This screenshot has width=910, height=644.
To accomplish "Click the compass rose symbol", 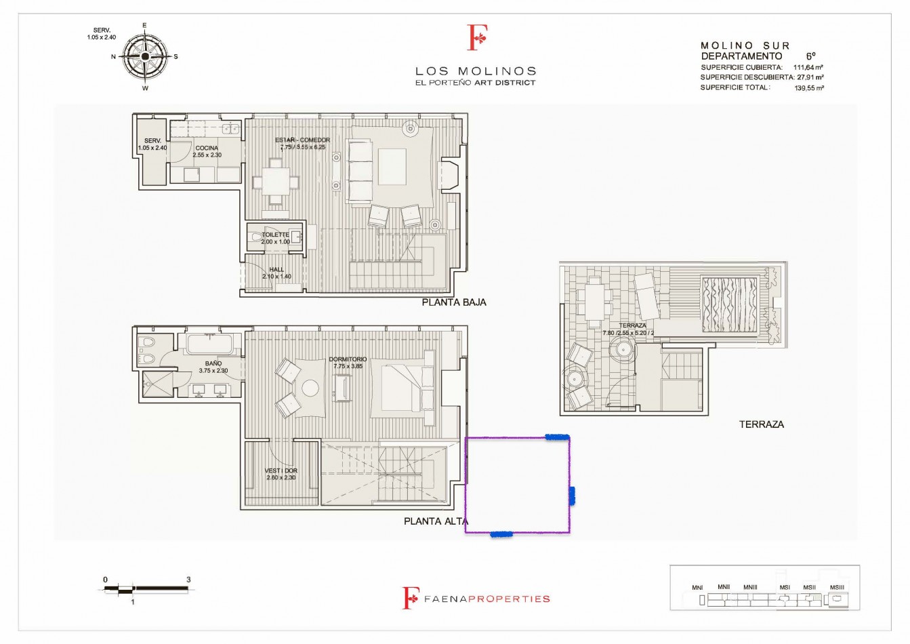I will click(x=144, y=57).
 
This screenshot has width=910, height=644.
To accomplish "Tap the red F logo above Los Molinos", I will click(x=478, y=38).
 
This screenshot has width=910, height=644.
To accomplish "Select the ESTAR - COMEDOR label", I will click(x=302, y=140).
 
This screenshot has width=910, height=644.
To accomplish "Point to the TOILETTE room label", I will click(x=275, y=235).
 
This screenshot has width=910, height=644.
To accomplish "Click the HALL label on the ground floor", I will click(x=276, y=269).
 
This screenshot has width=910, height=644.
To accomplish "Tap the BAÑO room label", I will click(x=213, y=364).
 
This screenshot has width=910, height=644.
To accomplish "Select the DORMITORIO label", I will click(x=348, y=359).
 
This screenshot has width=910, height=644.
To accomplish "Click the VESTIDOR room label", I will click(x=281, y=470).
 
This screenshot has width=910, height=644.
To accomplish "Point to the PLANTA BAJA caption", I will click(x=453, y=302).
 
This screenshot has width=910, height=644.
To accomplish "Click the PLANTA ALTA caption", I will click(x=435, y=521).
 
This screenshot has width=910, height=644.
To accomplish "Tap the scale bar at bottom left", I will click(x=146, y=590).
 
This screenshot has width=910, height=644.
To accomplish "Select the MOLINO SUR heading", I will click(x=745, y=45).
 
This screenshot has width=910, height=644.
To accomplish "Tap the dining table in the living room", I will click(x=275, y=182).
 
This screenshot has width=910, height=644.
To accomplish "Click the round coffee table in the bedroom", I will click(x=310, y=388).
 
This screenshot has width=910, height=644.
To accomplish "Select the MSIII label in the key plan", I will click(x=837, y=587).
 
